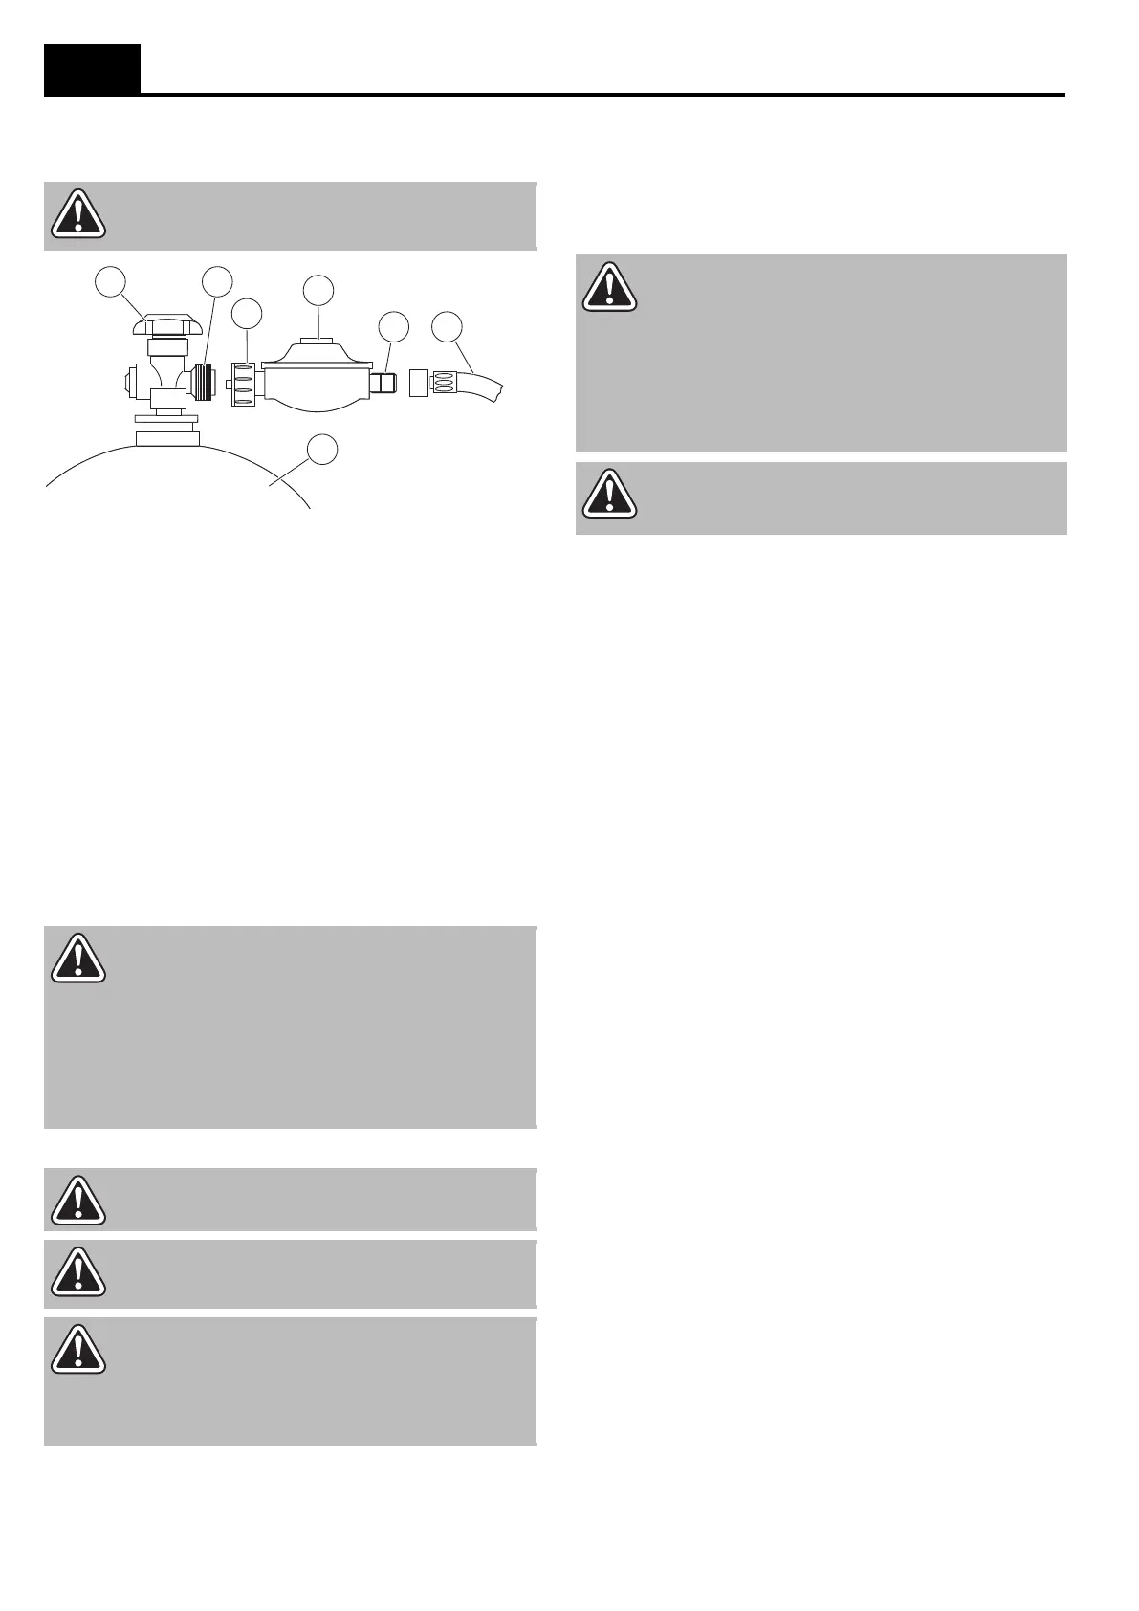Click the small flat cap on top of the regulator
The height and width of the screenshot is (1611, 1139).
point(318,340)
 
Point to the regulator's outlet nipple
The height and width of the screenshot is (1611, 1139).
point(384,385)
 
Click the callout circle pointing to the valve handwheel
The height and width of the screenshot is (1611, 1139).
point(112,282)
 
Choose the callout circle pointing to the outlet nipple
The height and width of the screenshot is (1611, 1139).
point(393,326)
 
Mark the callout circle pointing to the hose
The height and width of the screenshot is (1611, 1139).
point(447,326)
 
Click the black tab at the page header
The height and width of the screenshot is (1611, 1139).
point(92,69)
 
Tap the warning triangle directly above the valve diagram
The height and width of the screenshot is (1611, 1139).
point(78,214)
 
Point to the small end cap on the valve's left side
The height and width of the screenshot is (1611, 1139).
point(130,385)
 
